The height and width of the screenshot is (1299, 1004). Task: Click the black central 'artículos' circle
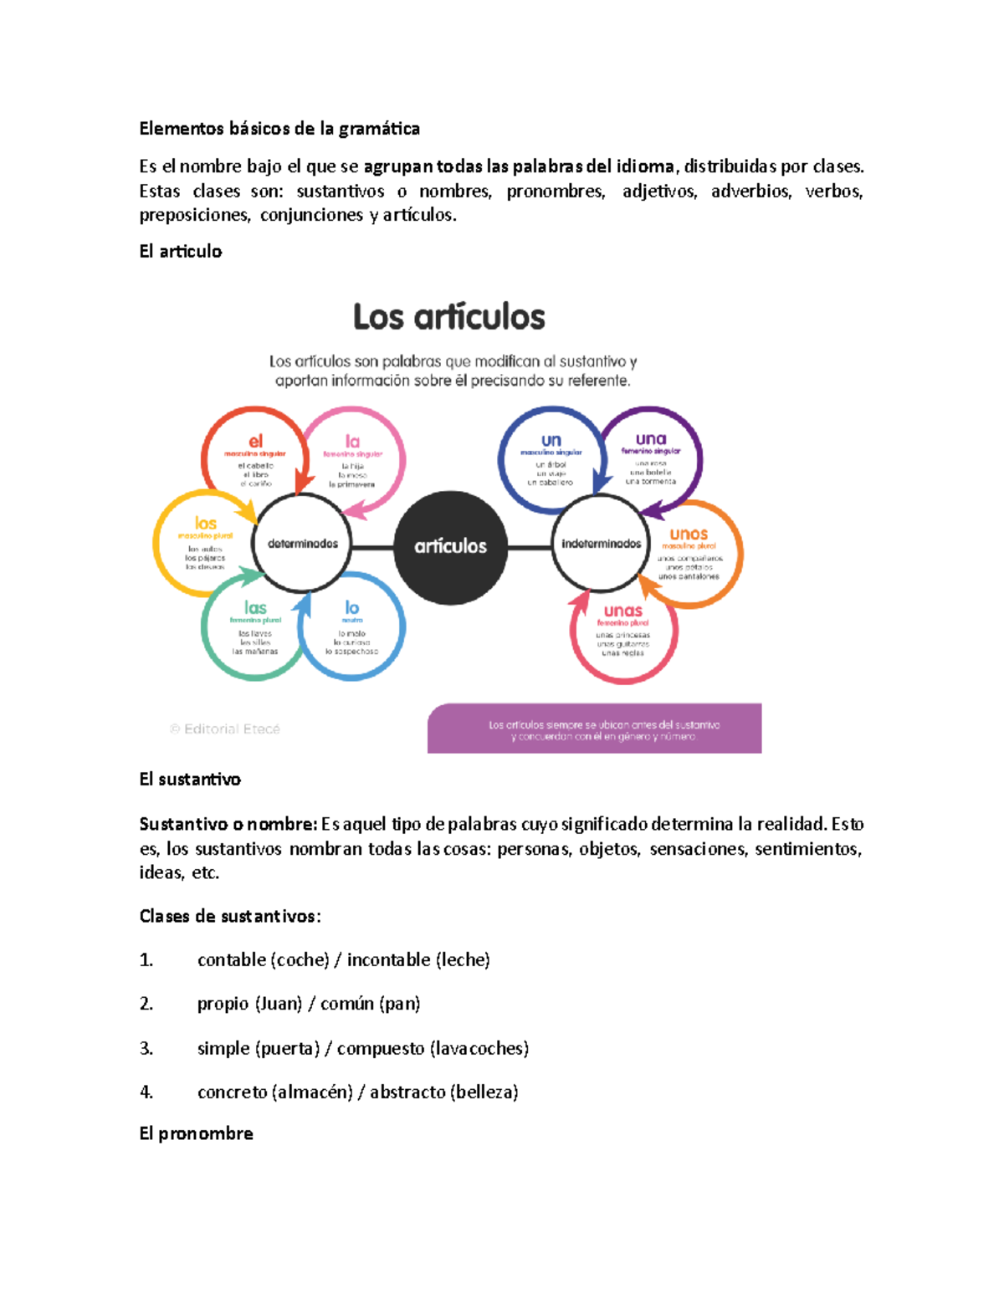[x=450, y=546]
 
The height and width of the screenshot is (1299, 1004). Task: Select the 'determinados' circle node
[x=302, y=544]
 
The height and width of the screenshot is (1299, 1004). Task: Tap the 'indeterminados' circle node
[x=601, y=544]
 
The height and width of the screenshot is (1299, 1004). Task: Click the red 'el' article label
[x=255, y=441]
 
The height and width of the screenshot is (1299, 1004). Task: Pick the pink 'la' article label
[x=352, y=441]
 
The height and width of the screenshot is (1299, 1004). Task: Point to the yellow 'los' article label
[x=205, y=524]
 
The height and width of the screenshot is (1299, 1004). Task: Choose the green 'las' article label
[x=255, y=608]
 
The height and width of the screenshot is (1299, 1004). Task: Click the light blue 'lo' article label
[x=352, y=608]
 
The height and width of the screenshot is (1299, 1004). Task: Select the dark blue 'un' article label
[x=551, y=440]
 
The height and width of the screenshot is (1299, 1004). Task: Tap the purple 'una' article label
[x=650, y=439]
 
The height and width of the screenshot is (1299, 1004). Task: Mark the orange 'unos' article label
[x=689, y=534]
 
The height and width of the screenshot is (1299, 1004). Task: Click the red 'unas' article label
[x=622, y=611]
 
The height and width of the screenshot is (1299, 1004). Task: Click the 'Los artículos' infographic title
[x=448, y=317]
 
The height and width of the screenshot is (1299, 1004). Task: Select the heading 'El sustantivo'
[x=190, y=780]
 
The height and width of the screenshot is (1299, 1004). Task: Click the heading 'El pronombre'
[x=196, y=1133]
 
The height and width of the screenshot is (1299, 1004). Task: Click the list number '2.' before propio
[x=146, y=1004]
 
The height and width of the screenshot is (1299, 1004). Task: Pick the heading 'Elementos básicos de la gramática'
[x=279, y=129]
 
